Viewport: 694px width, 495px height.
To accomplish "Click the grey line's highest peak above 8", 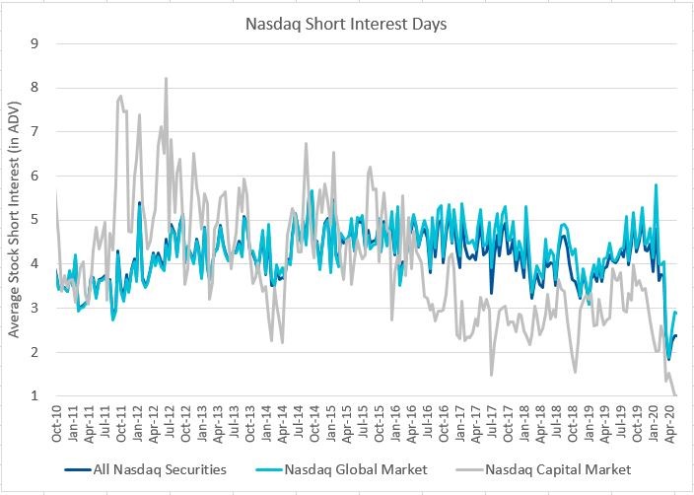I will pyautogui.click(x=166, y=78).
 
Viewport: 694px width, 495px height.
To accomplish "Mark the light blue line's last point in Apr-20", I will pyautogui.click(x=676, y=313).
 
